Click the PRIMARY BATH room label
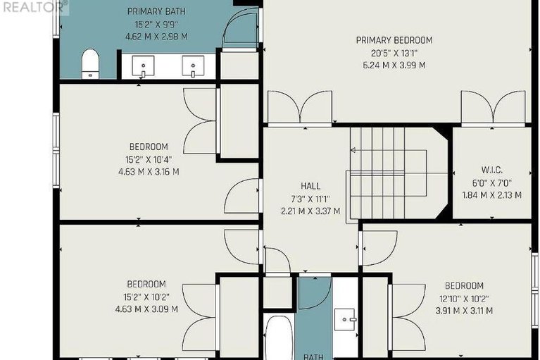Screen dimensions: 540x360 (x=156, y=11)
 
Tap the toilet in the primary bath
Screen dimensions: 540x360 (x=90, y=64)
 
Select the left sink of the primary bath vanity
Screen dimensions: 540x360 (x=143, y=66)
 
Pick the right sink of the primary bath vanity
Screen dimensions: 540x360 (x=193, y=66)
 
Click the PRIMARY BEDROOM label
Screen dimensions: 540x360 (x=394, y=40)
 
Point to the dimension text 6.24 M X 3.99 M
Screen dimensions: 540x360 (x=394, y=65)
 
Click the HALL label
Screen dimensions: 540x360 (x=310, y=186)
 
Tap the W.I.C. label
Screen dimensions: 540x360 (x=492, y=170)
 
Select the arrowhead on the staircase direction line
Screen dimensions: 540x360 (x=353, y=150)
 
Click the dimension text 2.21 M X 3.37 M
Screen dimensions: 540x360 (x=310, y=211)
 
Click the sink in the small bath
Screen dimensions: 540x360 (x=344, y=320)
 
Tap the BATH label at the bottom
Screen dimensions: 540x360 (x=313, y=356)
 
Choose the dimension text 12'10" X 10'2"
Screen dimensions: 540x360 (x=464, y=298)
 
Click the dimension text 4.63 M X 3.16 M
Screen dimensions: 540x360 (x=149, y=172)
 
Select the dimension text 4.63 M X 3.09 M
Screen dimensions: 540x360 (x=146, y=309)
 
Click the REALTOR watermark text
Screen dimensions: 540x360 (x=33, y=7)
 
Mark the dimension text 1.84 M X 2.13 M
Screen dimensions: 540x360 (x=492, y=195)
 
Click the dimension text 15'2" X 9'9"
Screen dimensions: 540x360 (x=156, y=25)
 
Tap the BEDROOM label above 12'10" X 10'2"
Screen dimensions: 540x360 (x=464, y=286)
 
